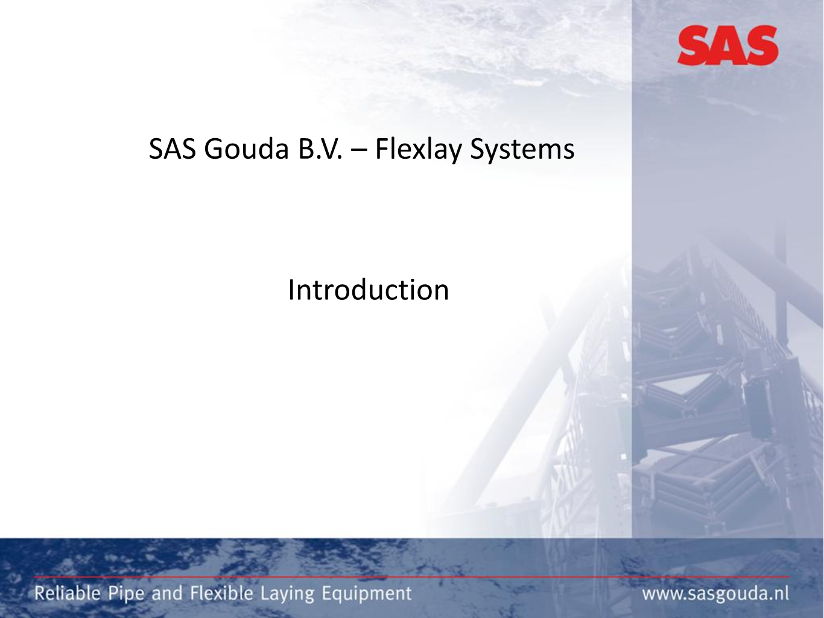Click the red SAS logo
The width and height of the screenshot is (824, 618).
tap(728, 45)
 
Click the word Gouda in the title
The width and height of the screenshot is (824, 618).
tap(246, 149)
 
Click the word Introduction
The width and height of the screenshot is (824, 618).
tap(368, 290)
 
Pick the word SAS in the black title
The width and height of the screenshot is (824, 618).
tap(173, 149)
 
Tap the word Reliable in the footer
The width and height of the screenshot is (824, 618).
tap(68, 593)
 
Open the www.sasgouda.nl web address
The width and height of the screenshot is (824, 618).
tap(715, 594)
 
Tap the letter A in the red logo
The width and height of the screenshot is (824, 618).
tap(728, 45)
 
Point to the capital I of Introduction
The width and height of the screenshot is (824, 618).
tap(291, 290)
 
